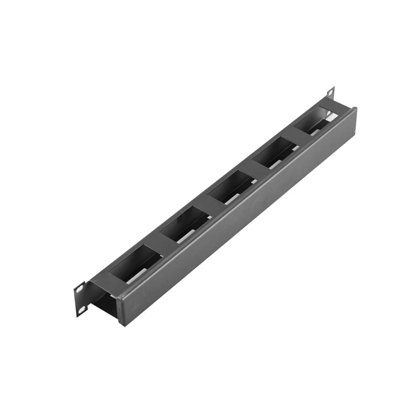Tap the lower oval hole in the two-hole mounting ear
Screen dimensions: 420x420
(x=82, y=310)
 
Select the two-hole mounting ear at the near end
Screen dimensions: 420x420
(x=80, y=299)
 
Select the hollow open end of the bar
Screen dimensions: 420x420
(x=105, y=304)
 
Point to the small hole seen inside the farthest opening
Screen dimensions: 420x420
(x=322, y=112)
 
